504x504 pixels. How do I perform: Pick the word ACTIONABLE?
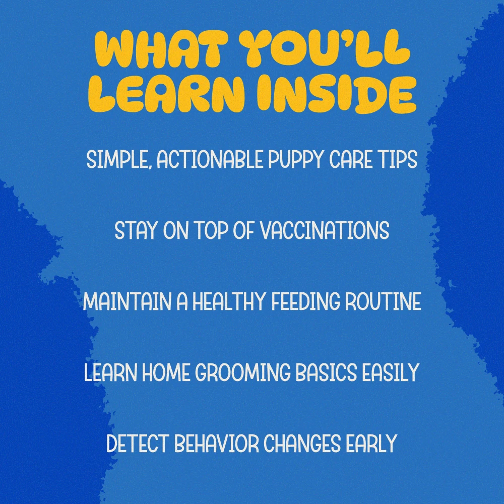coord(210,159)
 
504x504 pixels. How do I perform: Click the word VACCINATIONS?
coord(324,230)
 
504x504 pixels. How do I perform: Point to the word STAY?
coord(136,230)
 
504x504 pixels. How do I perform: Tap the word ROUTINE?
coord(383,301)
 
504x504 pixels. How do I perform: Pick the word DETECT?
coord(138,443)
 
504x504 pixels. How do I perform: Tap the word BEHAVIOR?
coord(216,443)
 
